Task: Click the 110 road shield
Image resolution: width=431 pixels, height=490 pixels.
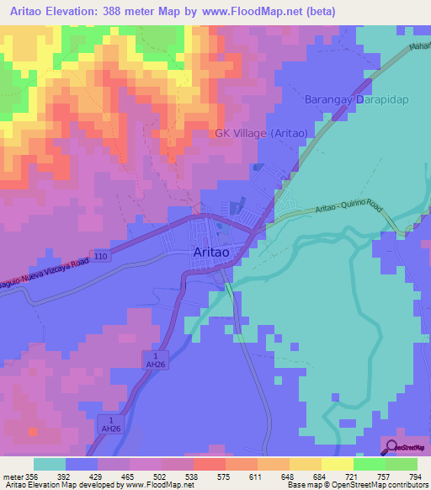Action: tap(101, 254)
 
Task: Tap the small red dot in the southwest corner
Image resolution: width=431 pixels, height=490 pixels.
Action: tap(33, 430)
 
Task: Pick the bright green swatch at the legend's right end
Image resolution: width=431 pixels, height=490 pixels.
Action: tap(402, 464)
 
